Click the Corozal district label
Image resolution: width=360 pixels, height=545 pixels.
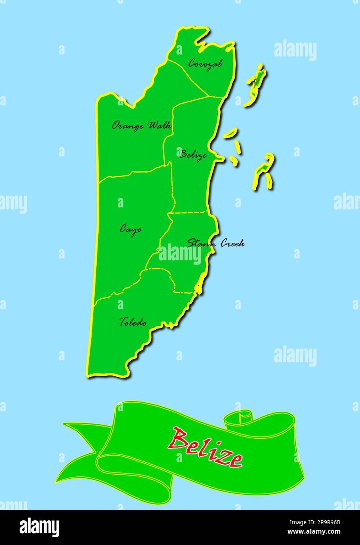(205, 63)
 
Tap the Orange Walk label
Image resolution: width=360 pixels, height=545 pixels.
(141, 125)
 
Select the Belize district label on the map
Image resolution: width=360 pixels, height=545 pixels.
(193, 154)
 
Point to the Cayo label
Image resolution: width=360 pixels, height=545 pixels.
(130, 229)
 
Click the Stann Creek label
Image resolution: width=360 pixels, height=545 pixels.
(216, 243)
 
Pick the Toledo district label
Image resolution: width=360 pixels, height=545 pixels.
(133, 322)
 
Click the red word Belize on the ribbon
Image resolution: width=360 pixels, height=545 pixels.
(205, 447)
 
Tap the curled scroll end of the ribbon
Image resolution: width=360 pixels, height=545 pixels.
(240, 417)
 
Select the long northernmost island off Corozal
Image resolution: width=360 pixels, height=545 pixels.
(255, 86)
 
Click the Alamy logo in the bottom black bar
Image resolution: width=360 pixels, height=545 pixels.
(40, 527)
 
